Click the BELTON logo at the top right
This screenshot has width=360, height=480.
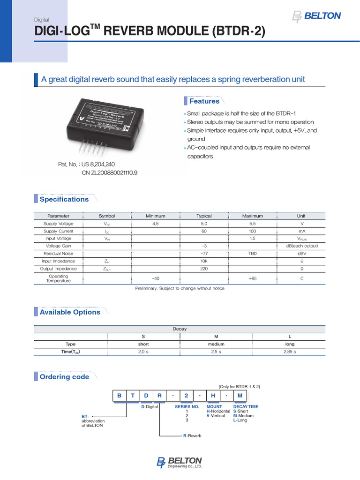pyautogui.click(x=316, y=16)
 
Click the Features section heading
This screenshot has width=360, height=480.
pyautogui.click(x=204, y=101)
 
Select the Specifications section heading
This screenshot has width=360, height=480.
pyautogui.click(x=64, y=199)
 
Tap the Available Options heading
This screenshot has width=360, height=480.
pyautogui.click(x=70, y=312)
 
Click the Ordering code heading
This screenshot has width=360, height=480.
pyautogui.click(x=64, y=377)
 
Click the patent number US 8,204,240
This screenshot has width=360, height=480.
pyautogui.click(x=98, y=165)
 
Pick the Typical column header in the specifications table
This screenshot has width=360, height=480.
pyautogui.click(x=204, y=216)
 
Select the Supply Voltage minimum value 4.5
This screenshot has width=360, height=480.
pyautogui.click(x=156, y=224)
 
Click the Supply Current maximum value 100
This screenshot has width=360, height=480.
pyautogui.click(x=252, y=232)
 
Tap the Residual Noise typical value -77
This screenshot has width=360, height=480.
pyautogui.click(x=204, y=254)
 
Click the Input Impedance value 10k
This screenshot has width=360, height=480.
pyautogui.click(x=204, y=261)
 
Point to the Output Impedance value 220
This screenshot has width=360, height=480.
pyautogui.click(x=204, y=269)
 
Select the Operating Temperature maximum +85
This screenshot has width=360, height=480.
pyautogui.click(x=252, y=278)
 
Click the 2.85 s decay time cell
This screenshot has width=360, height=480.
pyautogui.click(x=289, y=352)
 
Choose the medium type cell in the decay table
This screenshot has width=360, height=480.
pyautogui.click(x=216, y=344)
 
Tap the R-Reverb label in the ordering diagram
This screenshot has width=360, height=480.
pyautogui.click(x=192, y=436)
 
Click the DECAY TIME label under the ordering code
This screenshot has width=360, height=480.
pyautogui.click(x=246, y=407)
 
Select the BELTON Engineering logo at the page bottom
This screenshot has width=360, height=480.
pyautogui.click(x=180, y=462)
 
